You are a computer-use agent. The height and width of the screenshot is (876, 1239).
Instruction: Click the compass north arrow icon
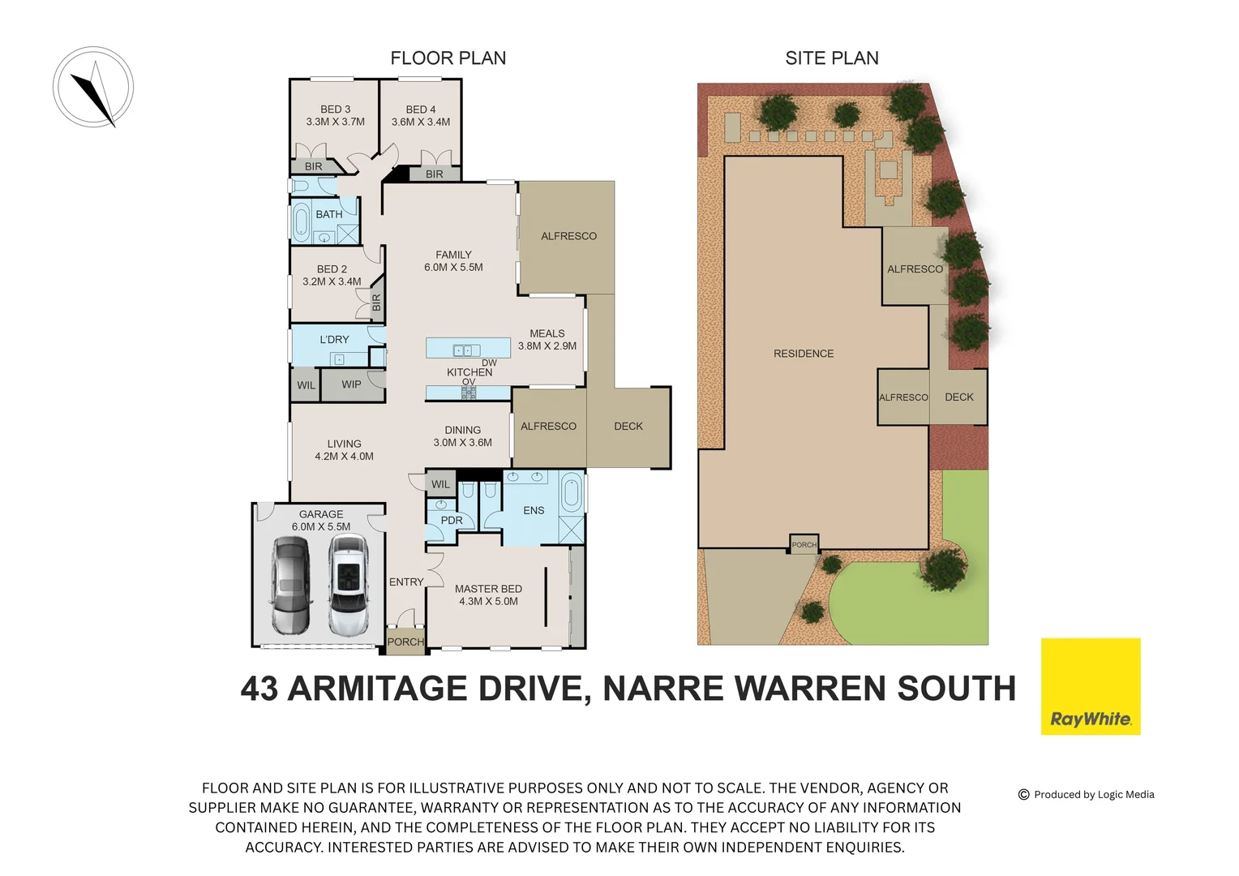93,88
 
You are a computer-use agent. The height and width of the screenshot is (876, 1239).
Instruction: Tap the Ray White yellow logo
1090,686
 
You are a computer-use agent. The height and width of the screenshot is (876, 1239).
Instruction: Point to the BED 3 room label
335,115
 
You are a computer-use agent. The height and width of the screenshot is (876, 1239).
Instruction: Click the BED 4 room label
421,115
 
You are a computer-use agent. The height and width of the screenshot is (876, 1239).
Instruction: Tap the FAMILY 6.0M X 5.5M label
453,260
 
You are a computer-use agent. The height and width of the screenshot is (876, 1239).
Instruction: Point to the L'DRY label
334,339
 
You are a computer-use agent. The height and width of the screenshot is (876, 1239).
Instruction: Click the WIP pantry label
351,384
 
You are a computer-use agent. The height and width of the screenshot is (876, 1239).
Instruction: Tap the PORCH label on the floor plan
405,642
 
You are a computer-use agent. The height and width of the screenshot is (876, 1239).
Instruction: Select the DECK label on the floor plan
628,426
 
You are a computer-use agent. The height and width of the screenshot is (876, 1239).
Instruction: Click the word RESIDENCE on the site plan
804,354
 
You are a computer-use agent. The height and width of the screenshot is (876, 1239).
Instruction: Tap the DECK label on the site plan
959,397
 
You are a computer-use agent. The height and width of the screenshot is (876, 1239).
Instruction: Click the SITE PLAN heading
832,58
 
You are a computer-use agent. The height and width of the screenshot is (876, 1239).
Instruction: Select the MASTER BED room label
488,595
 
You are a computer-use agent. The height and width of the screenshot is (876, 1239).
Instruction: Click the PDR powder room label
452,520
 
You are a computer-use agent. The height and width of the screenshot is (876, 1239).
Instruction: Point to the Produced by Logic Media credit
1087,794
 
